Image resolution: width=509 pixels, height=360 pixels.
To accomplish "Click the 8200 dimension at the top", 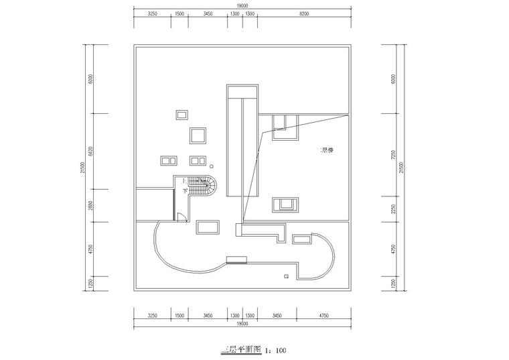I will (x=303, y=14).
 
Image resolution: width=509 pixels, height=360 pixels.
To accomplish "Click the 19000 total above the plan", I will (x=242, y=5).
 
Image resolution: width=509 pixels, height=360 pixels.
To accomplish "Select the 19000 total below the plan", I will (x=242, y=324).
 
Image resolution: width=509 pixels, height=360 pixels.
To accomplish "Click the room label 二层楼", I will (x=326, y=150).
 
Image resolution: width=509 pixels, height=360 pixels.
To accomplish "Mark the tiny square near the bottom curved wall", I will (x=286, y=276).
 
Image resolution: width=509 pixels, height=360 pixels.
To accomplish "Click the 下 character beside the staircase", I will (x=185, y=190).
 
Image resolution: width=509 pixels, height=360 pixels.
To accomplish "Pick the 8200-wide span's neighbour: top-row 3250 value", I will (x=152, y=14).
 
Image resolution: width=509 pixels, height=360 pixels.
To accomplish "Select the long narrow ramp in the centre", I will (x=242, y=141).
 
